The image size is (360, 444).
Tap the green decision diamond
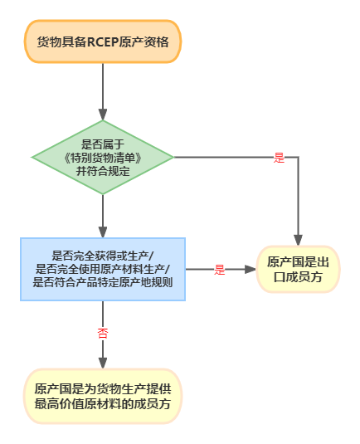pos(103,156)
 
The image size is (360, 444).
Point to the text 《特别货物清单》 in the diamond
pos(103,157)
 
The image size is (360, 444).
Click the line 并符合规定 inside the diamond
pos(103,171)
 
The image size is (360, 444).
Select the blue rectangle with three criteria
pos(103,268)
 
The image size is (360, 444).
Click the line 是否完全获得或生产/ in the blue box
pos(103,255)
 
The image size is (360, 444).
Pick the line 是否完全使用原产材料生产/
pos(103,268)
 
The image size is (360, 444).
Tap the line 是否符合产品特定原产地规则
pos(103,281)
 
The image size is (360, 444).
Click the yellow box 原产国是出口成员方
pos(298,270)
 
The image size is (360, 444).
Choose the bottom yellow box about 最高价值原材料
pos(103,397)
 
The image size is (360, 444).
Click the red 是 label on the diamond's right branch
pos(279,157)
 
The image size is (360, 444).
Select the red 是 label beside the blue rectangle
pos(220,269)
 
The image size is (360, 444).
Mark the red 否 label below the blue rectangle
pos(103,333)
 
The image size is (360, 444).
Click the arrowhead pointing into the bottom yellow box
pos(103,361)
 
